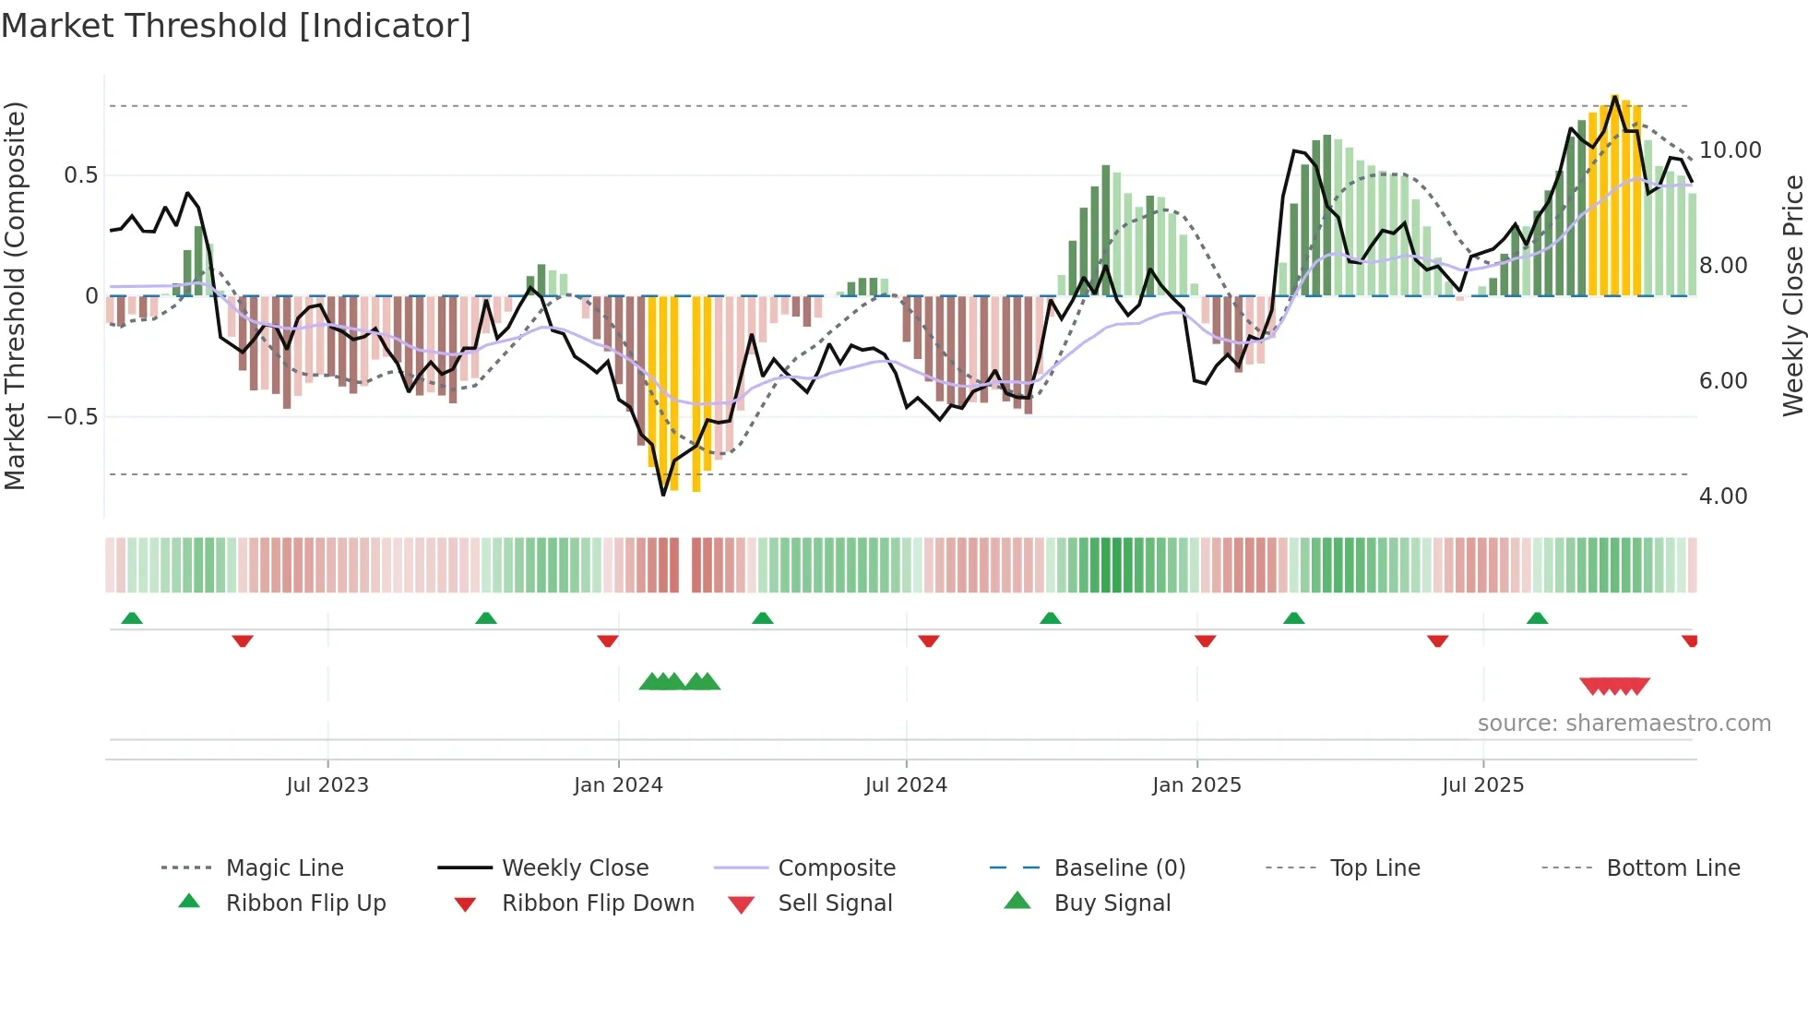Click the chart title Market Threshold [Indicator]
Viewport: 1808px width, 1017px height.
236,26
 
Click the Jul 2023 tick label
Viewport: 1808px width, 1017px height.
327,785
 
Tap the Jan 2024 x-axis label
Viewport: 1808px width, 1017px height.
618,785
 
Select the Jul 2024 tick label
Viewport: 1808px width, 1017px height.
906,785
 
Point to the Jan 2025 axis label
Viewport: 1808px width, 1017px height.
1196,785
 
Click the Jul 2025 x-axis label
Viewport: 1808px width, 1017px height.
1482,785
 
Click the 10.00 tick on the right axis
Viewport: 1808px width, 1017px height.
1730,150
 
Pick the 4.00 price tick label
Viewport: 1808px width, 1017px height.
1722,497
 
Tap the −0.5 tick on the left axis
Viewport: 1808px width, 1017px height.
72,417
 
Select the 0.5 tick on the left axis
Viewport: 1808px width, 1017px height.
80,175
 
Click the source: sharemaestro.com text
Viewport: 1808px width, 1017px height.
1624,724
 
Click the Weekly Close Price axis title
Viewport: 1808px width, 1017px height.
1792,295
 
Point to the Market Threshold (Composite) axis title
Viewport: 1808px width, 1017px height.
15,295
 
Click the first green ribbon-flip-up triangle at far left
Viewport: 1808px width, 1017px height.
132,617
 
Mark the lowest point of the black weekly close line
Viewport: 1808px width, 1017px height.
663,496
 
